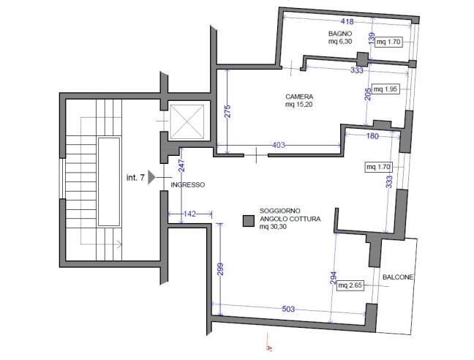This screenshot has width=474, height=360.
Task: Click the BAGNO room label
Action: (341, 34)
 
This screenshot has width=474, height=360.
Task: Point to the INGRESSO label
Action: (187, 185)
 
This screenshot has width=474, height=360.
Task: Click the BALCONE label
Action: (398, 278)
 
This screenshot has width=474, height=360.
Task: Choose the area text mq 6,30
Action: (341, 42)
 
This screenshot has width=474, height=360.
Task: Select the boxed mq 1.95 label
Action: (385, 90)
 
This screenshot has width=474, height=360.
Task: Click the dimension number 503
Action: (288, 310)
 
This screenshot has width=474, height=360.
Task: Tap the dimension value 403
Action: (279, 146)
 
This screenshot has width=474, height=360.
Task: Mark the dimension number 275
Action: (227, 112)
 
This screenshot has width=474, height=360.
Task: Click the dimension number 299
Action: (219, 269)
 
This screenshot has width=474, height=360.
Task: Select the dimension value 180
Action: (372, 136)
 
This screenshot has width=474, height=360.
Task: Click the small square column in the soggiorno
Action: (249, 220)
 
